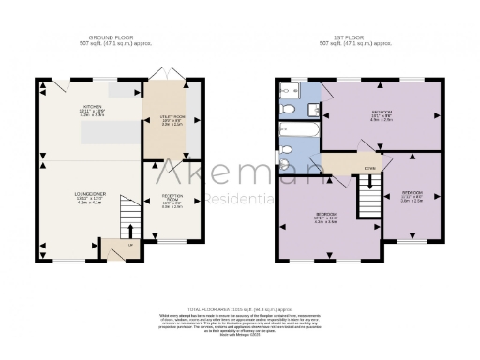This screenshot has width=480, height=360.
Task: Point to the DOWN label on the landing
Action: [x=345, y=170]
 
